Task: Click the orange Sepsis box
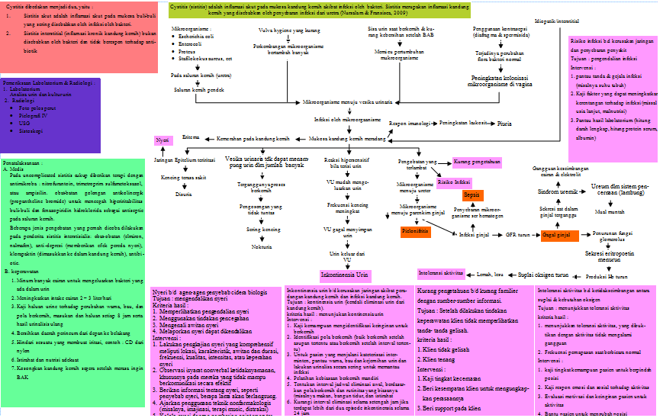[x=470, y=195]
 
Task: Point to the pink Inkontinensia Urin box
[x=343, y=272]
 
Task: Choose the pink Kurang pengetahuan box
[x=477, y=162]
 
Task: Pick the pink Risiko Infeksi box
[x=453, y=182]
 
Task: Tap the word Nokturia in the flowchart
[x=262, y=247]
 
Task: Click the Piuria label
[x=504, y=123]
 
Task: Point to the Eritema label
[x=191, y=137]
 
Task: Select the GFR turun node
[x=517, y=235]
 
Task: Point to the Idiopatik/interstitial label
[x=558, y=21]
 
